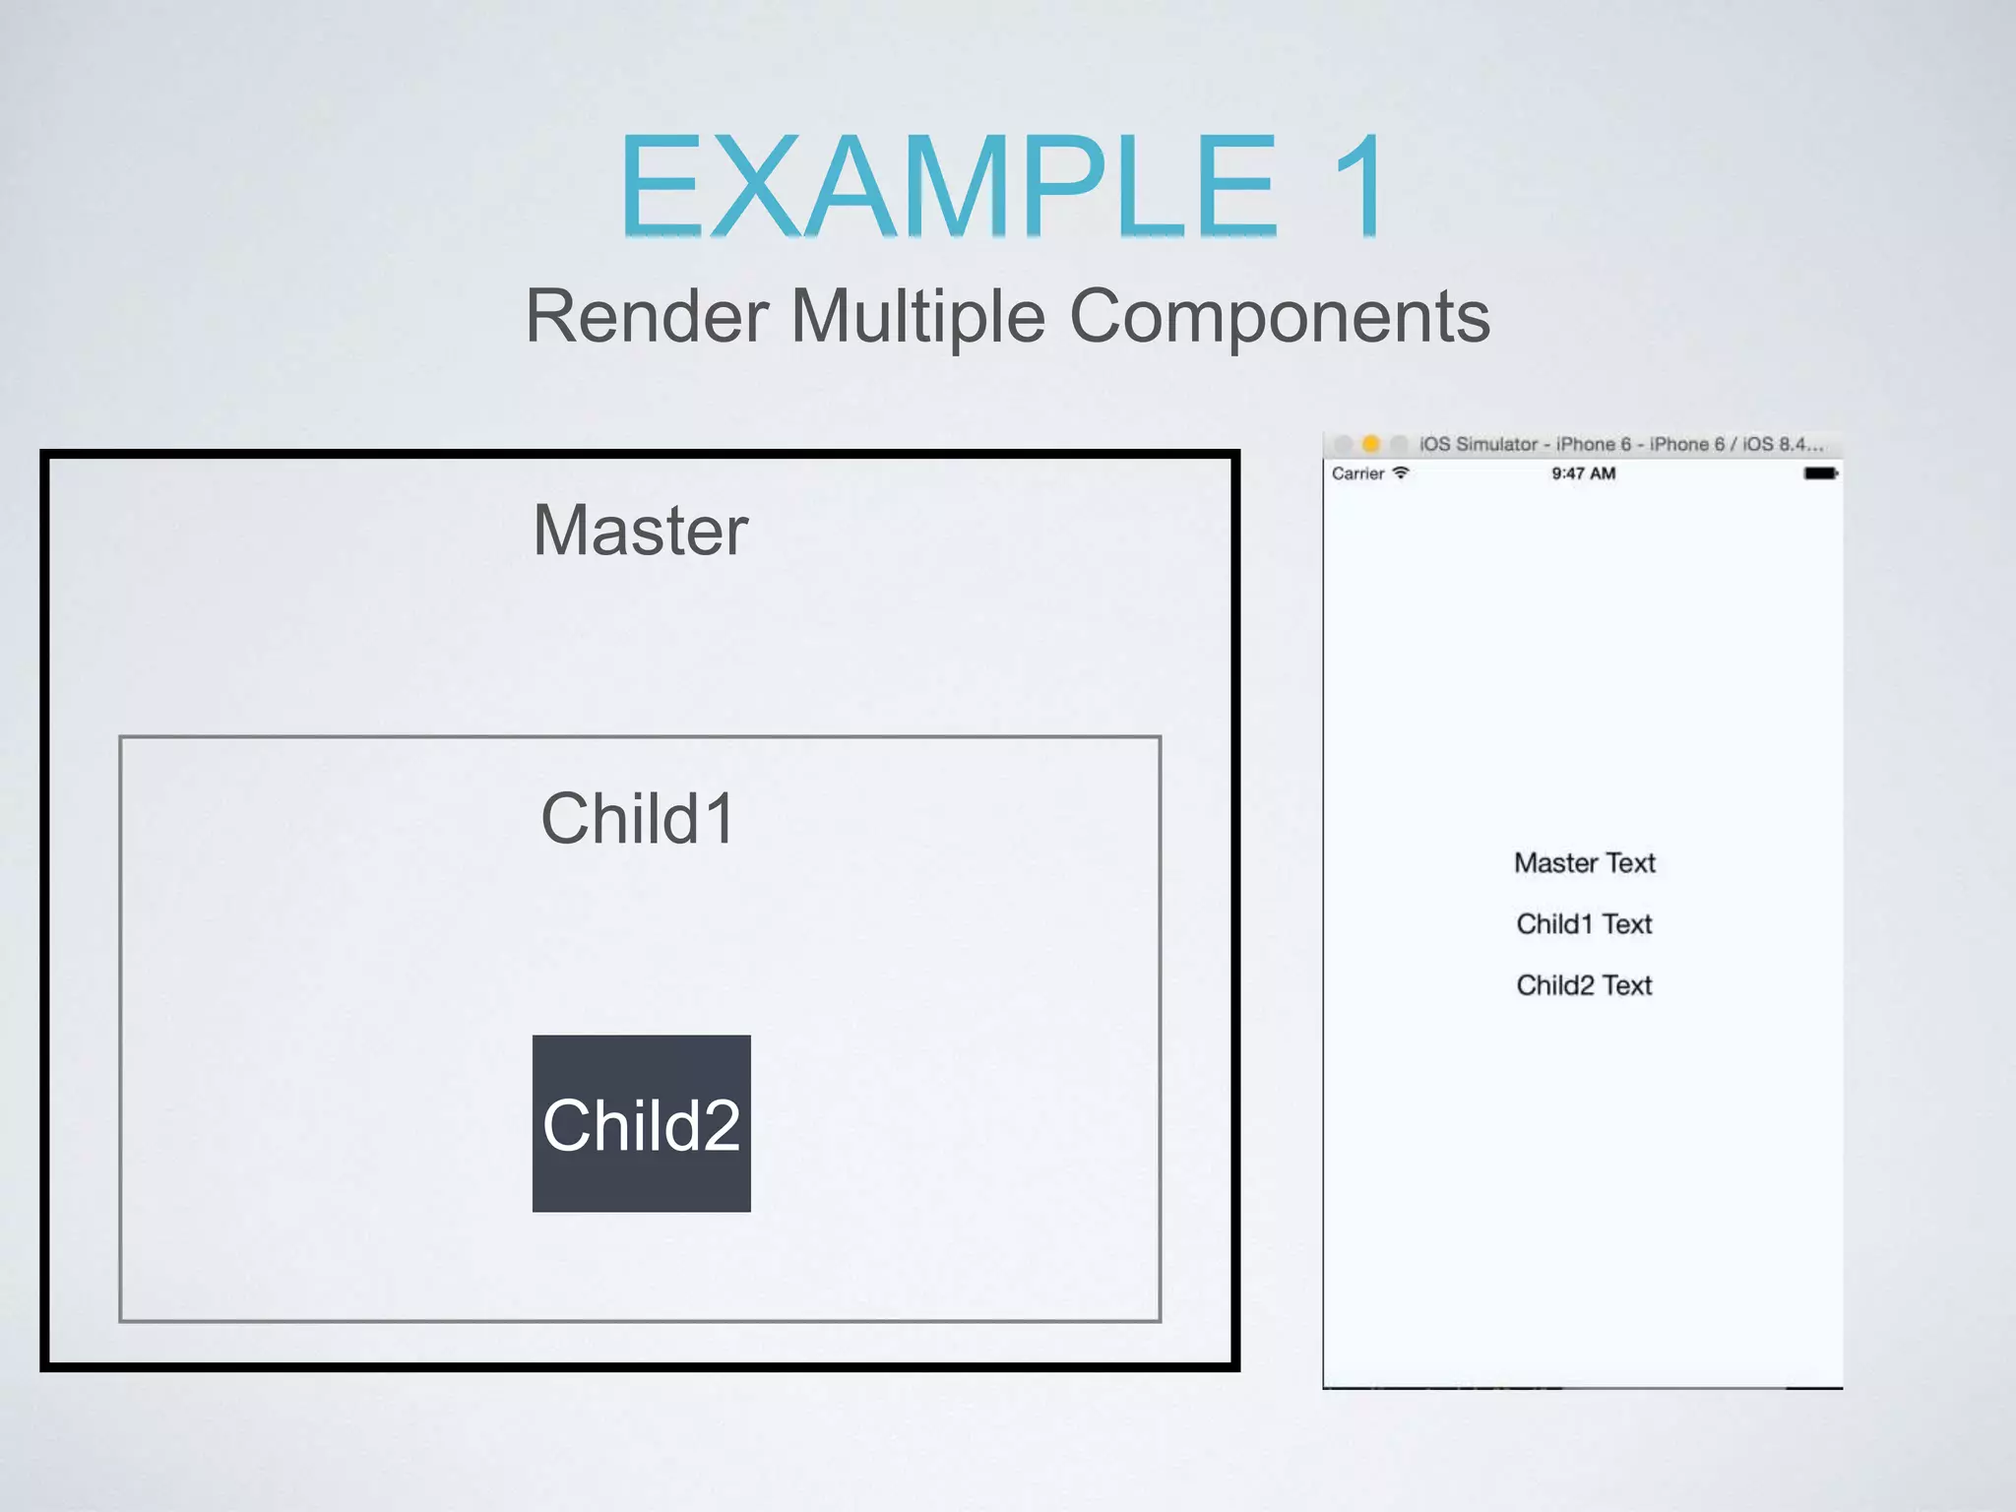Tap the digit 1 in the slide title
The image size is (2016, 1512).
tap(1360, 187)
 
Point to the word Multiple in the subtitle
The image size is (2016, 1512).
tap(917, 317)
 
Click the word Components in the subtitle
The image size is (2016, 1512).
tap(1279, 317)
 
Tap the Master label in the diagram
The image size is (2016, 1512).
tap(641, 531)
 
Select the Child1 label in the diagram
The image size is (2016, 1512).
tap(638, 819)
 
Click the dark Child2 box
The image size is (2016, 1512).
tap(641, 1123)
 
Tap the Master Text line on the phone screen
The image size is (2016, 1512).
tap(1584, 863)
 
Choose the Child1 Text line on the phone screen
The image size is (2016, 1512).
tap(1584, 924)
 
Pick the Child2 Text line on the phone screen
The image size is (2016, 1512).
tap(1584, 985)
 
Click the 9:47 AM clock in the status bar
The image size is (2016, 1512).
tap(1583, 473)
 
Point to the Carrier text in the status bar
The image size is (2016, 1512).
tap(1357, 473)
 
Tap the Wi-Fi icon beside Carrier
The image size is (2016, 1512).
tap(1401, 472)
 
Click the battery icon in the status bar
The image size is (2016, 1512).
tap(1820, 473)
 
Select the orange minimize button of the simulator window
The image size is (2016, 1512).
tap(1370, 444)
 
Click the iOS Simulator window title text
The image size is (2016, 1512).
tap(1620, 444)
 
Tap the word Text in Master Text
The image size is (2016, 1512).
tap(1630, 863)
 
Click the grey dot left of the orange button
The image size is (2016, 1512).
tap(1344, 444)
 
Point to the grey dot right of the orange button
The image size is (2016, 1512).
tap(1398, 444)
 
